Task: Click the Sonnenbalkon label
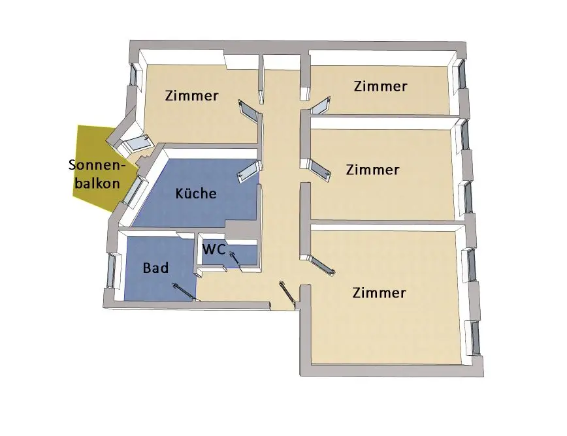(x=95, y=174)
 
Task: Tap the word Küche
(x=196, y=194)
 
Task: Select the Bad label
(x=155, y=268)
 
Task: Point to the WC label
(x=214, y=249)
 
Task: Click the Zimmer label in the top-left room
(x=191, y=96)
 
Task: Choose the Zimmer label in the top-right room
(x=380, y=86)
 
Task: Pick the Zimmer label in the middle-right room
(x=372, y=170)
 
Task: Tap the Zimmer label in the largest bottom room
(x=379, y=292)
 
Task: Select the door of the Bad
(x=186, y=291)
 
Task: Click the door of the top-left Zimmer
(x=250, y=110)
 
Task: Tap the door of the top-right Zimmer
(x=319, y=105)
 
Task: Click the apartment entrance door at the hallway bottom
(x=287, y=292)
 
